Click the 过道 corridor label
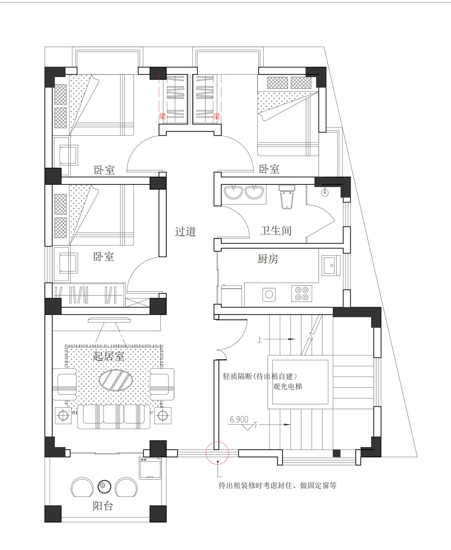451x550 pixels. pyautogui.click(x=186, y=231)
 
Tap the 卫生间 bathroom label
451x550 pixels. pyautogui.click(x=276, y=231)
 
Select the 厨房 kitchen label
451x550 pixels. pyautogui.click(x=268, y=259)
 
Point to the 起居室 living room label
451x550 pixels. pyautogui.click(x=108, y=356)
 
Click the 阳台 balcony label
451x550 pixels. pyautogui.click(x=103, y=506)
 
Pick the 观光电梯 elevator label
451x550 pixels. pyautogui.click(x=287, y=386)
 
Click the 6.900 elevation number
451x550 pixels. pyautogui.click(x=239, y=419)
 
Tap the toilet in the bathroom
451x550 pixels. pyautogui.click(x=287, y=197)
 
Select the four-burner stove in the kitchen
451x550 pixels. pyautogui.click(x=302, y=293)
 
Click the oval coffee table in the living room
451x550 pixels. pyautogui.click(x=116, y=380)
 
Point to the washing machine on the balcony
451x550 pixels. pyautogui.click(x=150, y=468)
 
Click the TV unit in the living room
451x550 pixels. pyautogui.click(x=109, y=320)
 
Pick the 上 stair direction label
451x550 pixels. pyautogui.click(x=259, y=340)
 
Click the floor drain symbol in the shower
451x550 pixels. pyautogui.click(x=324, y=192)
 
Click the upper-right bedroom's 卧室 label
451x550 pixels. pyautogui.click(x=269, y=169)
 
